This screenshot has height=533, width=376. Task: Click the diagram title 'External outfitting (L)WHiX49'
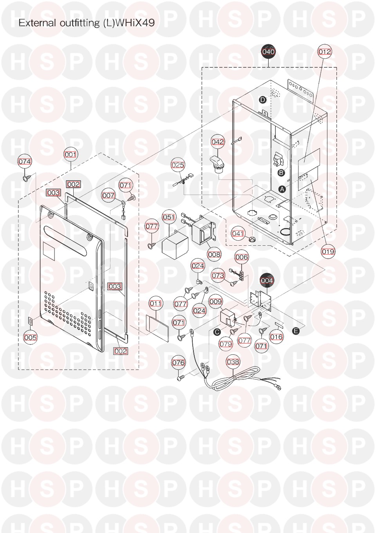[87, 23]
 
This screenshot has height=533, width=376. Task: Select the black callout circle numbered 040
[268, 52]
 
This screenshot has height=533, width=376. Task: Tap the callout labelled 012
[324, 52]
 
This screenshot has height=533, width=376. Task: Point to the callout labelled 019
[328, 251]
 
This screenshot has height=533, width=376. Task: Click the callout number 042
[218, 141]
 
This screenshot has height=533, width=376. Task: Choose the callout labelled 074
[25, 161]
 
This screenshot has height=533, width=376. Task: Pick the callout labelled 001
[70, 154]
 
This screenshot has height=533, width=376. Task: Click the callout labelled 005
[30, 337]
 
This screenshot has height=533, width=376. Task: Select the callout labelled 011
[155, 303]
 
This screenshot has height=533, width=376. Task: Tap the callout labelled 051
[169, 217]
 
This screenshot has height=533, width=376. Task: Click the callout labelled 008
[214, 254]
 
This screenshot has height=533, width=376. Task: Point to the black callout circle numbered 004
[267, 281]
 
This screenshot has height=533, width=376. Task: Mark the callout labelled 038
[233, 362]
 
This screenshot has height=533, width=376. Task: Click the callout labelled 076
[178, 363]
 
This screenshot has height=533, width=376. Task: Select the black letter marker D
[263, 100]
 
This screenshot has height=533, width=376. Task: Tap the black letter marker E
[296, 331]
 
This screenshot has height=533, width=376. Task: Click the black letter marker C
[217, 332]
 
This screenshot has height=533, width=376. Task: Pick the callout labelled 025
[178, 165]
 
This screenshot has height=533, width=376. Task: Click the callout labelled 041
[238, 234]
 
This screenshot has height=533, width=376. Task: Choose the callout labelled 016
[277, 337]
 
